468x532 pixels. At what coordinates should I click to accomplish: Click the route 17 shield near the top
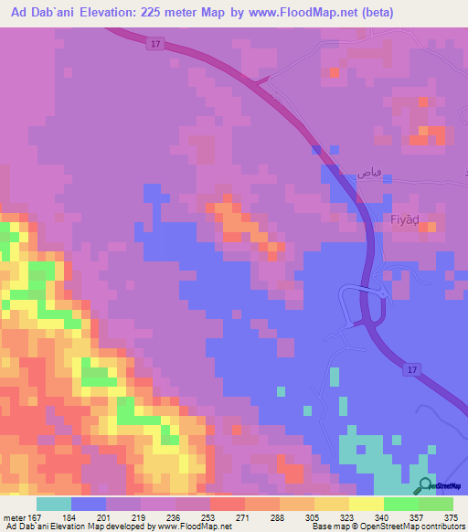tap(156, 44)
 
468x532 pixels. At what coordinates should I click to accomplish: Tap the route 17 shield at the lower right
tap(410, 368)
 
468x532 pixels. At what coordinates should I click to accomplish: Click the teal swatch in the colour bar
tap(53, 504)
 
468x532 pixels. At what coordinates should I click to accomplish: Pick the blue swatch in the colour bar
tap(88, 504)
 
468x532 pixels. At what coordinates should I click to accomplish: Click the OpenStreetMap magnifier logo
tap(425, 484)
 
